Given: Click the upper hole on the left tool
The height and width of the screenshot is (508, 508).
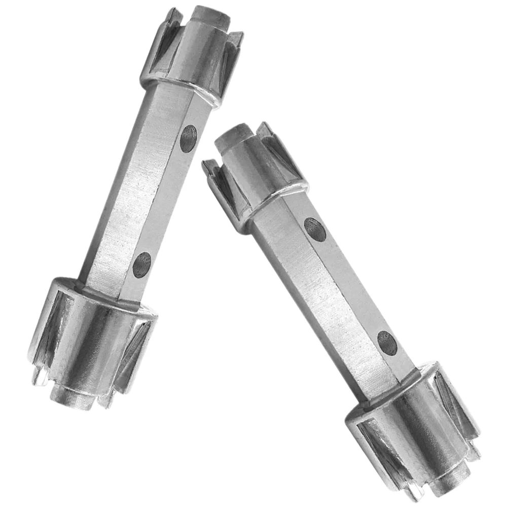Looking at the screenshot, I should tap(188, 138).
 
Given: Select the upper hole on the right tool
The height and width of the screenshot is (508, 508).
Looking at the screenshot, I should tap(315, 228).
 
